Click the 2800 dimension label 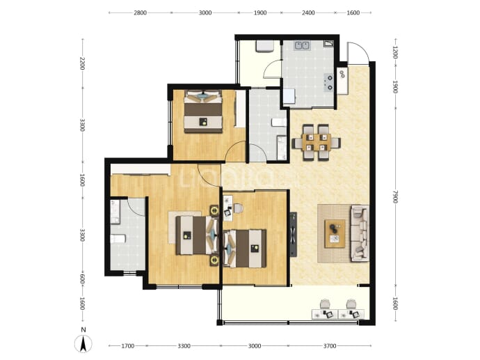[x=141, y=13]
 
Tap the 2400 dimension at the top [x=308, y=13]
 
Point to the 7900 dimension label [x=395, y=196]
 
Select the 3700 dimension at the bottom [x=330, y=346]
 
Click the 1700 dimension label [x=128, y=346]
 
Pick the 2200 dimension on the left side [x=82, y=63]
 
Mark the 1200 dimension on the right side [x=395, y=52]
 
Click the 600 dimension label [x=82, y=279]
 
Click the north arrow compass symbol [x=83, y=344]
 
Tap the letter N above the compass [x=83, y=330]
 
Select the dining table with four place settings [x=317, y=143]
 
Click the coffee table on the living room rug [x=335, y=233]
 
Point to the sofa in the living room [x=360, y=233]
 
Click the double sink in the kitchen [x=302, y=46]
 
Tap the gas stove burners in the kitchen [x=329, y=83]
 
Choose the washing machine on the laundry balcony [x=264, y=47]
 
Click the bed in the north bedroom [x=203, y=111]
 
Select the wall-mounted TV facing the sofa [x=294, y=235]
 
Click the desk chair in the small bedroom [x=239, y=208]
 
